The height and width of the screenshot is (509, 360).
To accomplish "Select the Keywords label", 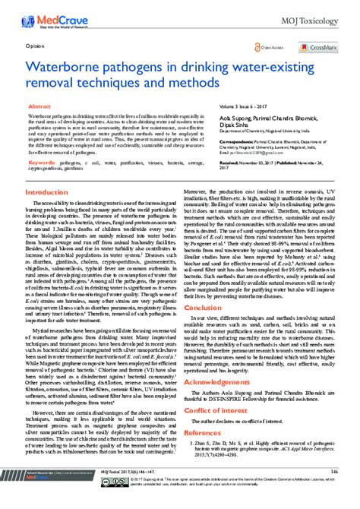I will click(42, 163).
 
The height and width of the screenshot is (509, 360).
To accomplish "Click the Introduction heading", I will click(47, 192).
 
